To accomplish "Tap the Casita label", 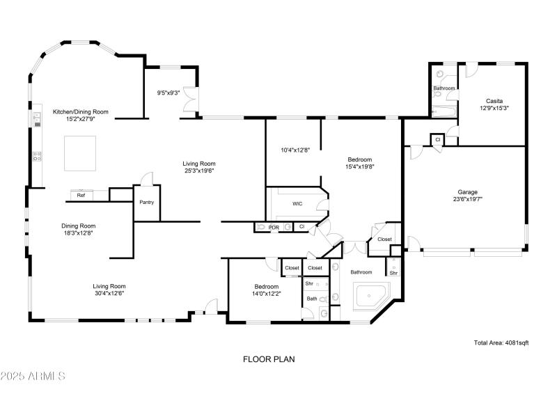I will pyautogui.click(x=495, y=104).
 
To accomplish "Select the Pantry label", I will pyautogui.click(x=146, y=203).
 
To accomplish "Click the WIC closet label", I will pyautogui.click(x=297, y=204).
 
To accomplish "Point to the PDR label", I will pyautogui.click(x=274, y=227).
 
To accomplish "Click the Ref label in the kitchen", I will pyautogui.click(x=81, y=196).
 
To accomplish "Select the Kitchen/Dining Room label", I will pyautogui.click(x=81, y=115).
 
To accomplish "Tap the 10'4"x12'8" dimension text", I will pyautogui.click(x=295, y=150).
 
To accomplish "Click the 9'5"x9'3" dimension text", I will pyautogui.click(x=168, y=92).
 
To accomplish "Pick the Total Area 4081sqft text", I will pyautogui.click(x=501, y=342).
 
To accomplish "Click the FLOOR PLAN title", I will pyautogui.click(x=269, y=360).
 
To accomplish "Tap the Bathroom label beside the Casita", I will pyautogui.click(x=444, y=88).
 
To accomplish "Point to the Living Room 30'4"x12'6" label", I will pyautogui.click(x=109, y=290).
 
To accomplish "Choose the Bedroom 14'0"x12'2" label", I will pyautogui.click(x=266, y=290).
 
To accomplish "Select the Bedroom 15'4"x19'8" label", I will pyautogui.click(x=359, y=163).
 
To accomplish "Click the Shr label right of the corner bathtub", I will pyautogui.click(x=393, y=273).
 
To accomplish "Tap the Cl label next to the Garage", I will pyautogui.click(x=437, y=140).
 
